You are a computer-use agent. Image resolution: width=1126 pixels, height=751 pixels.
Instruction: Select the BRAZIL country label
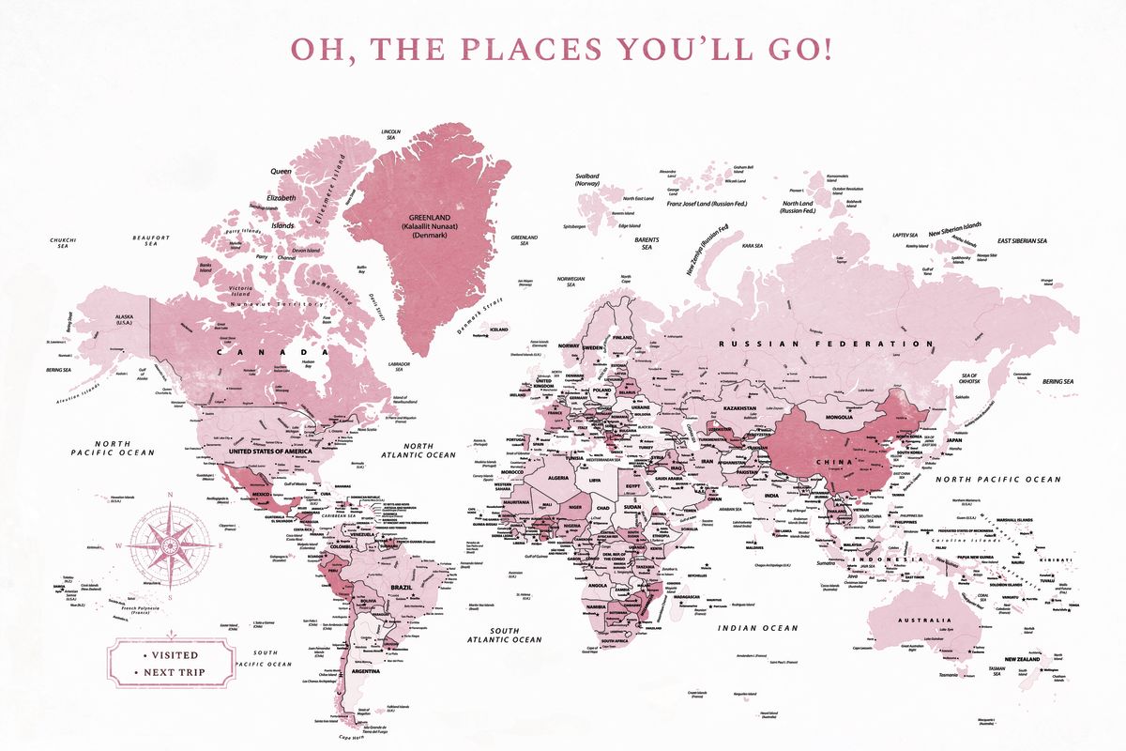click(x=402, y=587)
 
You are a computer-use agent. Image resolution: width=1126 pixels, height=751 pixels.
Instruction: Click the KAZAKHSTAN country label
click(x=713, y=409)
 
